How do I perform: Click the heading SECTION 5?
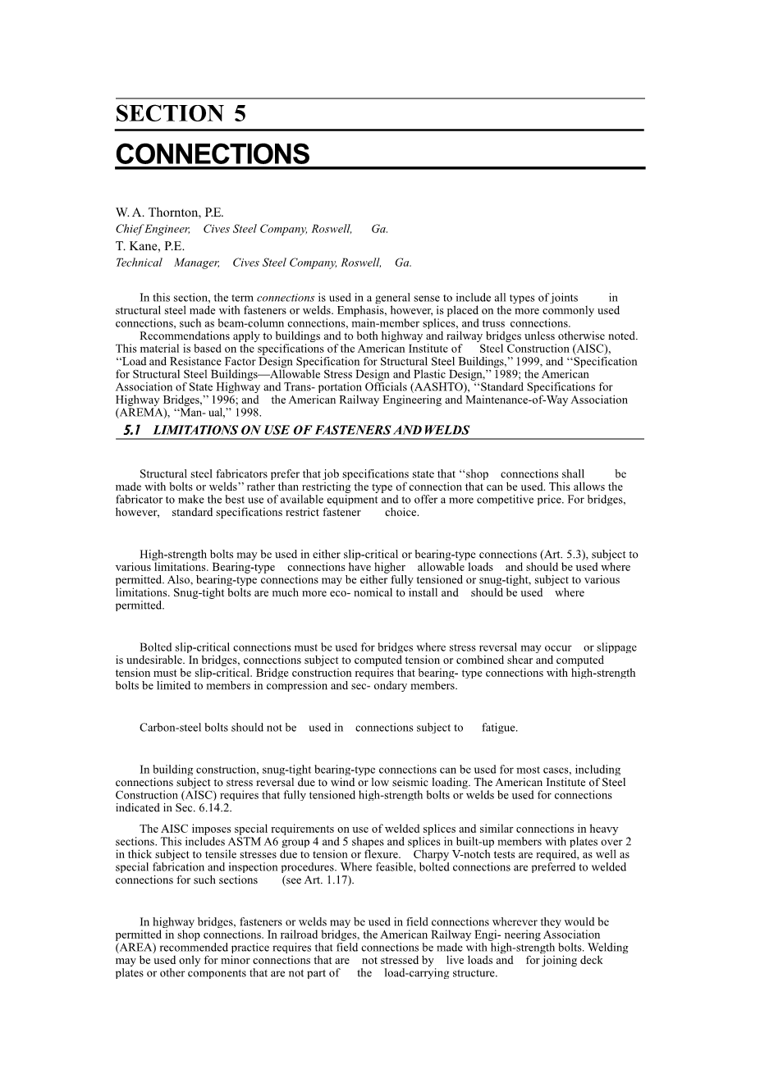tap(181, 114)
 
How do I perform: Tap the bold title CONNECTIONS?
tap(213, 154)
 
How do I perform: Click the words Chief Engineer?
tap(153, 230)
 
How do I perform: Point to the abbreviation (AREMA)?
tap(140, 413)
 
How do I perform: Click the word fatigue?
tap(500, 728)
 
